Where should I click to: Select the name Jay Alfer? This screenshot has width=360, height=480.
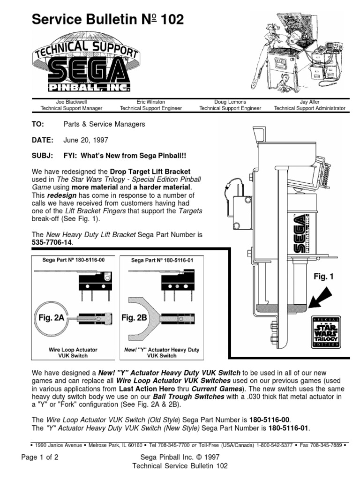click(x=309, y=101)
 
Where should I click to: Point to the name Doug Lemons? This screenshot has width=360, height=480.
click(x=230, y=101)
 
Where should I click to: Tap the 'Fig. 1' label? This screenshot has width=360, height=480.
click(x=323, y=277)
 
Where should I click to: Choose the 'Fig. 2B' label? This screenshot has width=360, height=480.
click(x=135, y=318)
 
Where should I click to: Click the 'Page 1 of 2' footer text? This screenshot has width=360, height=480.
click(x=40, y=457)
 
